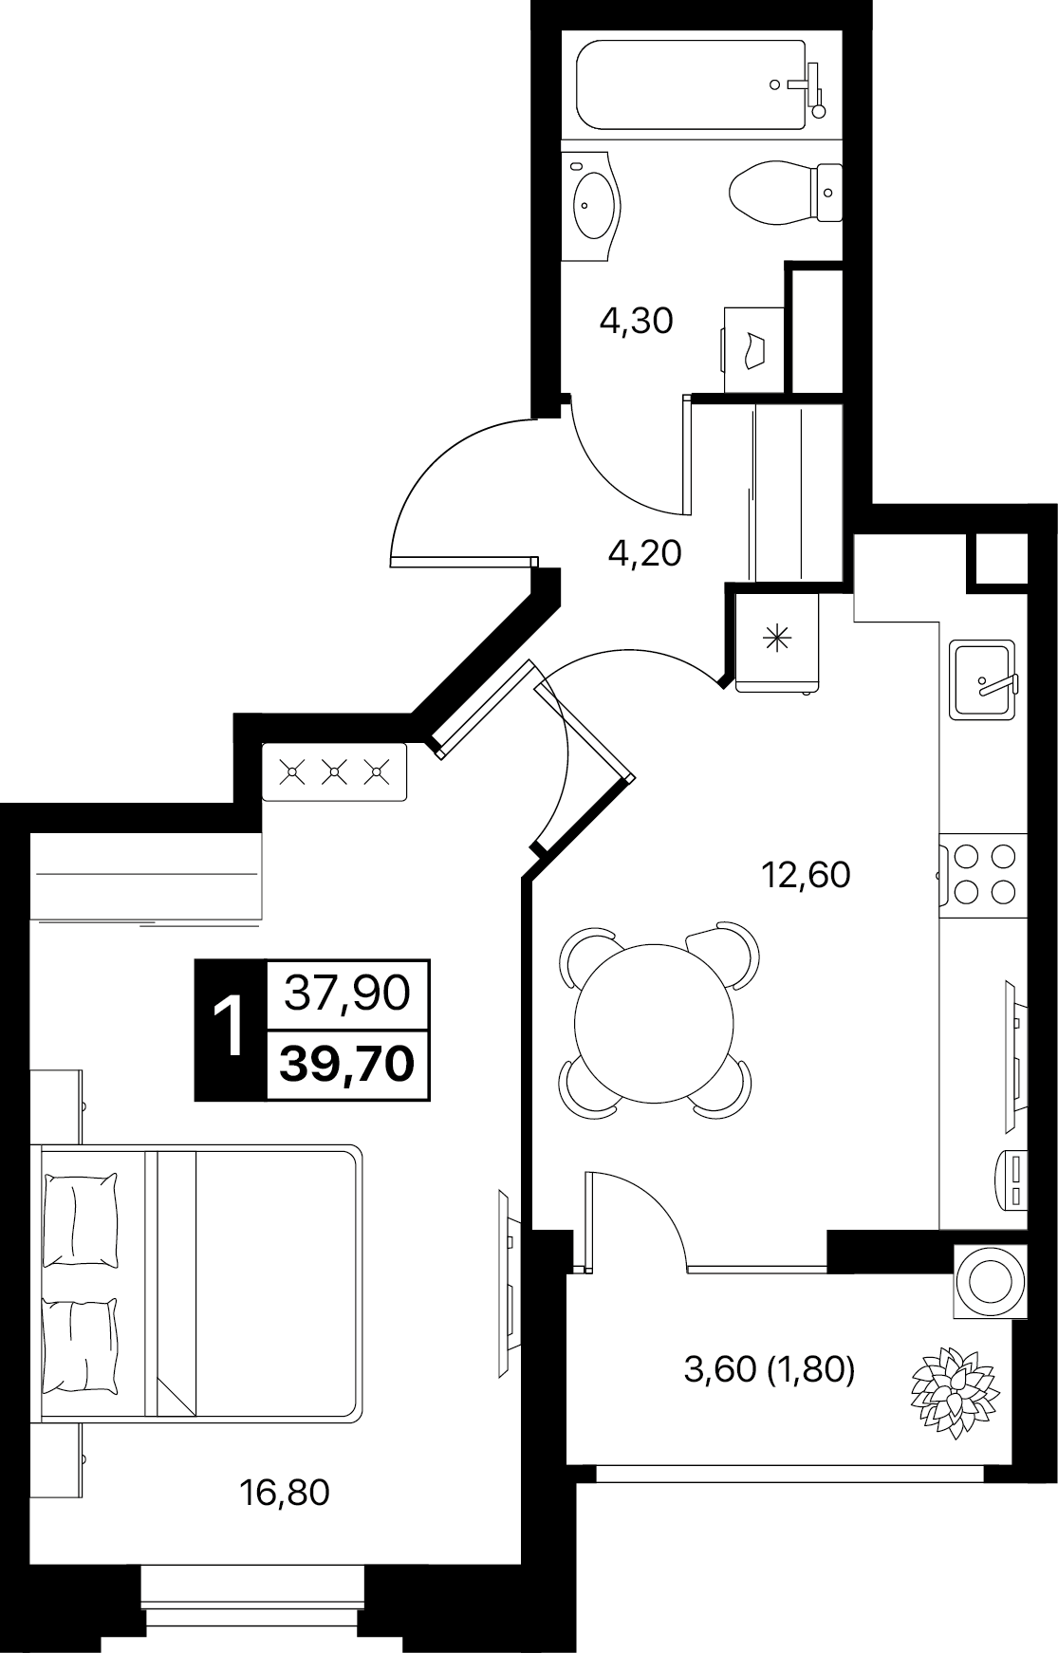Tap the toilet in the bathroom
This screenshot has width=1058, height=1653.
[785, 192]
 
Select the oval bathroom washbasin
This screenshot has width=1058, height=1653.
[594, 201]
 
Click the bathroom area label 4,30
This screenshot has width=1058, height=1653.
[636, 322]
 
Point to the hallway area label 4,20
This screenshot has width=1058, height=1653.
[645, 552]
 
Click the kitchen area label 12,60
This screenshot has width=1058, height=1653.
[807, 874]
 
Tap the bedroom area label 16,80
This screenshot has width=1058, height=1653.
[286, 1493]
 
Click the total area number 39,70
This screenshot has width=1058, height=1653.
[348, 1064]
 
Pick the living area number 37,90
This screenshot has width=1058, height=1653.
[348, 994]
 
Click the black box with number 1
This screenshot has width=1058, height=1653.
[231, 1030]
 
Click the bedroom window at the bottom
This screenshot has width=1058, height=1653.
[252, 1594]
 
